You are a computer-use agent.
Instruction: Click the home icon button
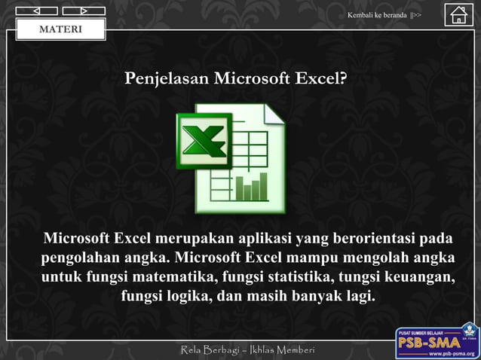tap(458, 15)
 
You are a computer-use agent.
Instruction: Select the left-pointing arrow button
tap(35, 11)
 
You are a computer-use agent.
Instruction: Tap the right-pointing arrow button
tap(83, 11)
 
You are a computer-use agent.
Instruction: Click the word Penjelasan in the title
tap(167, 78)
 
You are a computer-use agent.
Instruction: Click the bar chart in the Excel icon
tap(251, 187)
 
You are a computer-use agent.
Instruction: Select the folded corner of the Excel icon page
tap(273, 114)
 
